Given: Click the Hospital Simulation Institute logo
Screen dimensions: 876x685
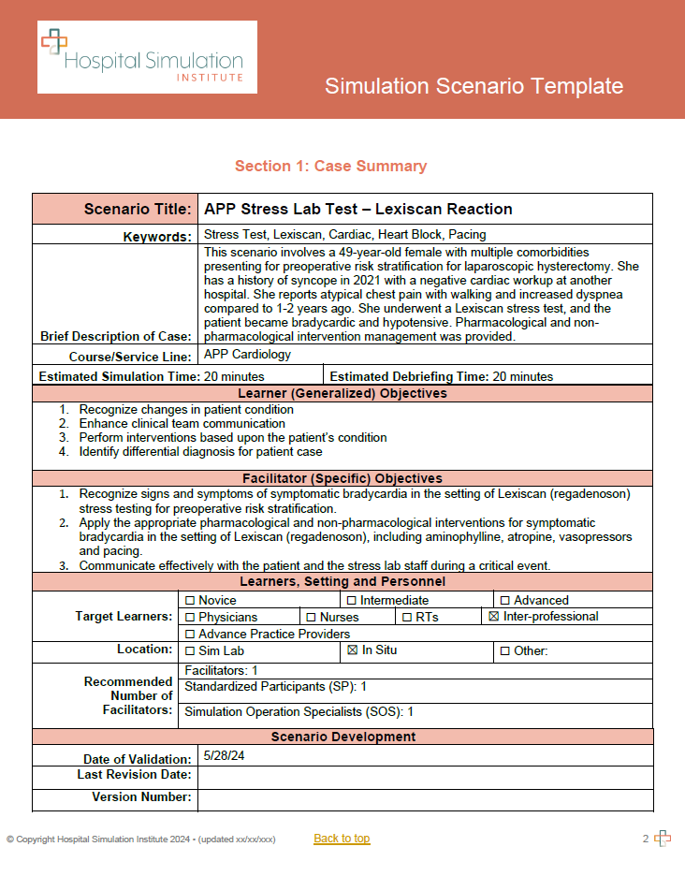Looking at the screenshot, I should pos(147,57).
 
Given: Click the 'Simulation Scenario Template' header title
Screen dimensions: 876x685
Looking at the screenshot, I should pos(474,86).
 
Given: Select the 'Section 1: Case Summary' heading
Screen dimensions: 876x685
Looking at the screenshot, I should pos(330,167).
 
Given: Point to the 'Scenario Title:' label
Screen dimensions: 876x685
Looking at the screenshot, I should pos(138,209).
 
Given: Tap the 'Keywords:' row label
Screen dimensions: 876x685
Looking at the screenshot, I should pos(157,237).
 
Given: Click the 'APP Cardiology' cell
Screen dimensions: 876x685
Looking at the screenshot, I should pos(247,356).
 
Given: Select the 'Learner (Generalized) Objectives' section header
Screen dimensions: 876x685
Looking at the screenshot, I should pos(342,394).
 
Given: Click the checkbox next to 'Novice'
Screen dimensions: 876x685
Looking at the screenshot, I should pos(190,601).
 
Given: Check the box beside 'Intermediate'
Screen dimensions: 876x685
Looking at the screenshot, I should pos(352,601).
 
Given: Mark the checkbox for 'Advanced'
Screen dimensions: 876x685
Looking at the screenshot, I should pos(505,601).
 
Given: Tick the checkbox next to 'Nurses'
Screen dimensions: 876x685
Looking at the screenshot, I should pos(312,618).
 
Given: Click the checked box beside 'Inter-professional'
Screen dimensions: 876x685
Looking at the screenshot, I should pos(495,617).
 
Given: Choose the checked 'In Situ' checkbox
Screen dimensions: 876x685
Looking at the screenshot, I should pos(353,650).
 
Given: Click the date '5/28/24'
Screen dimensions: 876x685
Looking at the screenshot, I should pos(224,755).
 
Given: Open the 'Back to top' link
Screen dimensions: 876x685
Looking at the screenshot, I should pos(342,839).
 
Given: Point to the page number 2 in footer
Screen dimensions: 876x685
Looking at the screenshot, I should pos(646,839).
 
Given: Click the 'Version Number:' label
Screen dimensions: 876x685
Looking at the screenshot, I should pos(141,797).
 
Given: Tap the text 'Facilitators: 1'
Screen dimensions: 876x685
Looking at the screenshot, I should pos(221,671).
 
